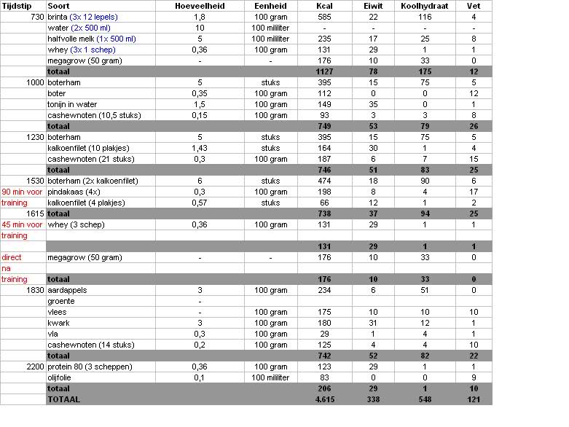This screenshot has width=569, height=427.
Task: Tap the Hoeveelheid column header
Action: pyautogui.click(x=200, y=6)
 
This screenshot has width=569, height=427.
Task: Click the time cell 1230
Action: pyautogui.click(x=34, y=137)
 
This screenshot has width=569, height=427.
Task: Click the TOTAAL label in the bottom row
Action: pyautogui.click(x=63, y=399)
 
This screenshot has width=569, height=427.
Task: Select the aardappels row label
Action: pyautogui.click(x=67, y=290)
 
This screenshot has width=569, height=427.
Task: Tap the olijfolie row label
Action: pyautogui.click(x=63, y=377)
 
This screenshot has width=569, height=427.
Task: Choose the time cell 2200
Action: pyautogui.click(x=34, y=367)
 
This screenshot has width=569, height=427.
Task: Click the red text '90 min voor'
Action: pyautogui.click(x=22, y=192)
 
